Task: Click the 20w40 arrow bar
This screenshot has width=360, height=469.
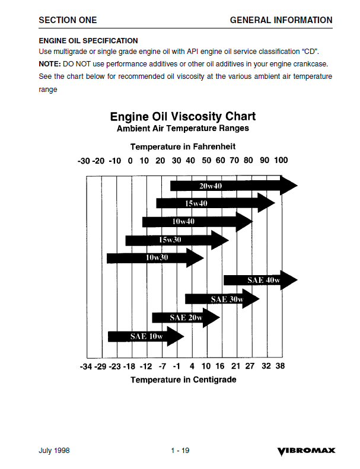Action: coord(231,186)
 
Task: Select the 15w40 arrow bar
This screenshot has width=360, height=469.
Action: coord(214,203)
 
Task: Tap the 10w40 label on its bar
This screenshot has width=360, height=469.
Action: coord(183,222)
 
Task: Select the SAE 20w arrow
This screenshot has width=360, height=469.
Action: coord(185,318)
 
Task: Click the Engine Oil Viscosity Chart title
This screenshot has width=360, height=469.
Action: coord(183,116)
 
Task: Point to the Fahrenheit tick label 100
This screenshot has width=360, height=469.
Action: coord(281,161)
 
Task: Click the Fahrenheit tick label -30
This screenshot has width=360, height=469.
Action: coord(84,161)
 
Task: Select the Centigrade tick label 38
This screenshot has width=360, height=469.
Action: coord(280,366)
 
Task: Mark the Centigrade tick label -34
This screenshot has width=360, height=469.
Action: coord(85,366)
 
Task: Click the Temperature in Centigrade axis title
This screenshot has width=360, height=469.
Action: coord(183,379)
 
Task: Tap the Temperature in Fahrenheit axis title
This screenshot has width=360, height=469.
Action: coord(183,146)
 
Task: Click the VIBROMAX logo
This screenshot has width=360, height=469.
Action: coord(306,451)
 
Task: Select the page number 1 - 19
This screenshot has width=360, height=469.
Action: coord(180,451)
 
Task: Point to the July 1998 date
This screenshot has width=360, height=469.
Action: coord(54,451)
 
